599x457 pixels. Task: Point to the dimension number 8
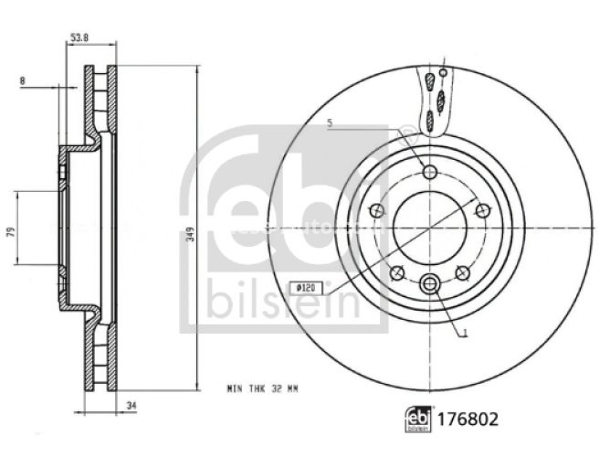point(22,81)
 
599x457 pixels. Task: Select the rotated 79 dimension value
point(9,232)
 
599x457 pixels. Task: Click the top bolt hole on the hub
point(429,172)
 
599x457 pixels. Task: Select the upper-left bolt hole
point(375,211)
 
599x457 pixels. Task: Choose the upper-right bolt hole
point(483,211)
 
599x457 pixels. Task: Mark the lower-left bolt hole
point(396,272)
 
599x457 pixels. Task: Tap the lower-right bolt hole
point(462,272)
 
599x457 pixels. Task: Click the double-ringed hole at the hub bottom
point(429,285)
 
